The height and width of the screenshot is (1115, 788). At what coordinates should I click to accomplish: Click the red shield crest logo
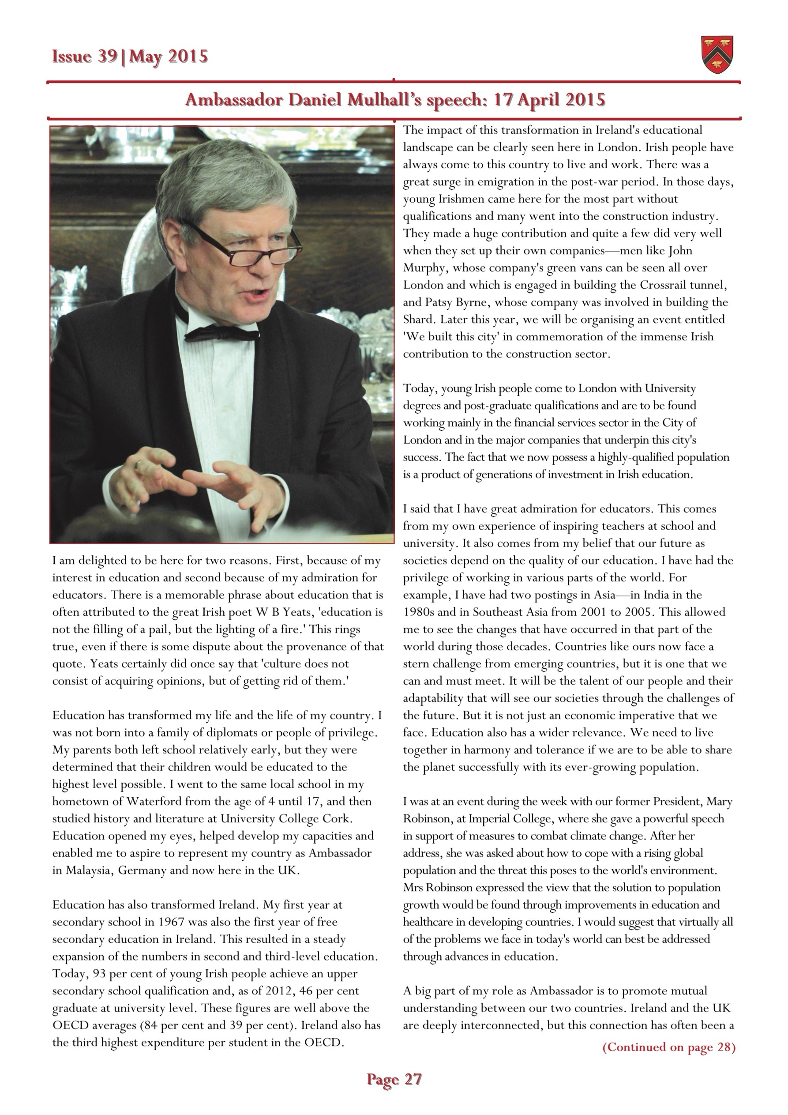coord(717,55)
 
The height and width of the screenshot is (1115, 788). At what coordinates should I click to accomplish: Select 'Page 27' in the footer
coord(394,1079)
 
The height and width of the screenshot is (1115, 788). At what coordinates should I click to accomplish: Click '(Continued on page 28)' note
coord(668,1047)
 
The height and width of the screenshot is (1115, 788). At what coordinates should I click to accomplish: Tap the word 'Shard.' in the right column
coord(420,319)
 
